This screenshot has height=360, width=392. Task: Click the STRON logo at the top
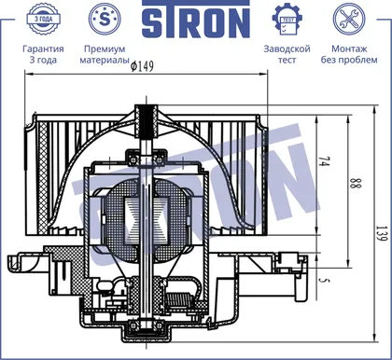point(196,20)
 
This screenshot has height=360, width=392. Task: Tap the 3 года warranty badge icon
point(43,19)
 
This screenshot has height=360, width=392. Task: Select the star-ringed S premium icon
point(105,19)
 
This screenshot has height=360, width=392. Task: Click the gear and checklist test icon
point(287,20)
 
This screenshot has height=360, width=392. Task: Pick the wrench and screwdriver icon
point(349,19)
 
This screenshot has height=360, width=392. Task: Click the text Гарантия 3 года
point(43,54)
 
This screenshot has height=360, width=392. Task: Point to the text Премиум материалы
point(105,54)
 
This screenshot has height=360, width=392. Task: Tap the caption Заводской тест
point(287,54)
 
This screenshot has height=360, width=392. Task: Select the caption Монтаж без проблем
point(349,54)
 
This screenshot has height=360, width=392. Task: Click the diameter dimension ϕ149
point(142,66)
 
